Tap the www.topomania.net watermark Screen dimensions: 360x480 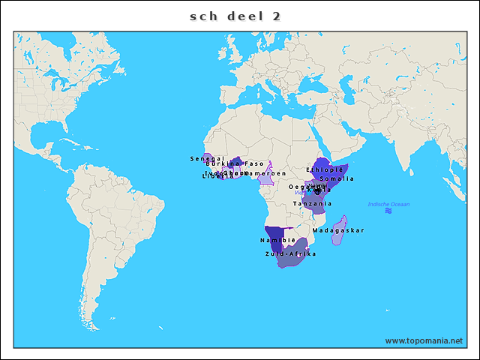424,340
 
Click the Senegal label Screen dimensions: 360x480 207,159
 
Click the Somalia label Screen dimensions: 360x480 336,178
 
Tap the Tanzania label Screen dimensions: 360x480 312,204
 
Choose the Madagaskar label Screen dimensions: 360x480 337,230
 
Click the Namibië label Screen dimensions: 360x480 274,240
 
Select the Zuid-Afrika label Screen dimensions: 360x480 290,254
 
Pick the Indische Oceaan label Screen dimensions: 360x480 388,204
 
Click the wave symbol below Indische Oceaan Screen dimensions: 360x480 388,211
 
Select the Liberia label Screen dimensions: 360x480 214,176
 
